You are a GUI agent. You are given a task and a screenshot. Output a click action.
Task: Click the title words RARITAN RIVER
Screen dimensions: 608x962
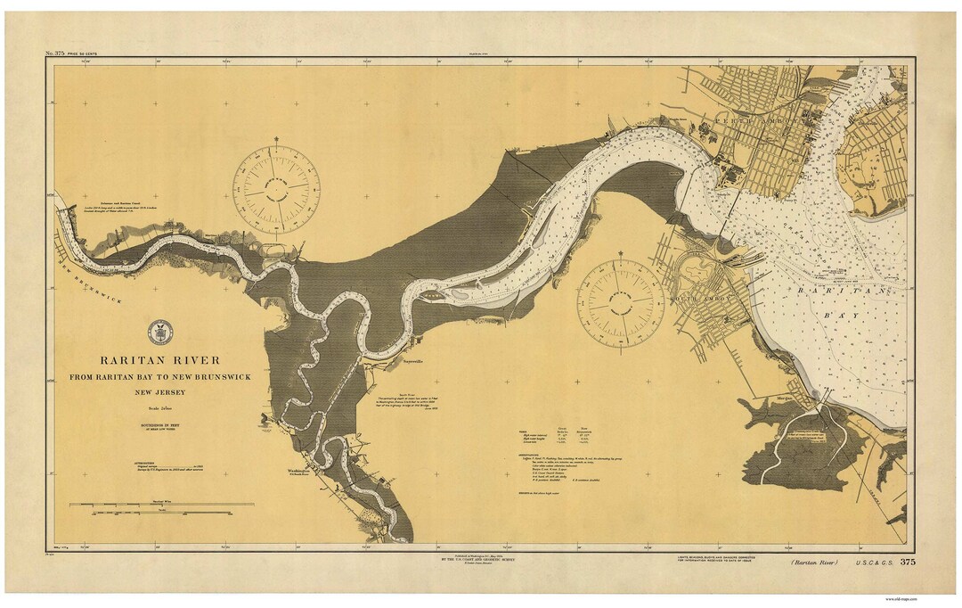tap(160, 360)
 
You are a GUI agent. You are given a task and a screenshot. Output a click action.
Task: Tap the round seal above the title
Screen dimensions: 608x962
tap(160, 332)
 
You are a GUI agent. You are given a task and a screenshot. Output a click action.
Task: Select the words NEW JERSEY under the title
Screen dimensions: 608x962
tap(160, 391)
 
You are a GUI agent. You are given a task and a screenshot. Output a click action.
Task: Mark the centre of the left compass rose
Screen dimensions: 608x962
tap(276, 189)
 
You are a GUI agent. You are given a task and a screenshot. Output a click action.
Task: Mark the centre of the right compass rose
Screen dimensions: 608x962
tap(621, 302)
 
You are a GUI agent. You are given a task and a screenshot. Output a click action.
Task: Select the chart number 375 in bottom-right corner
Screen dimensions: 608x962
tap(908, 562)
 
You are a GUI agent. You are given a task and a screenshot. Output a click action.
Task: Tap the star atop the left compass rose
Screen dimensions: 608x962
tap(276, 140)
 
